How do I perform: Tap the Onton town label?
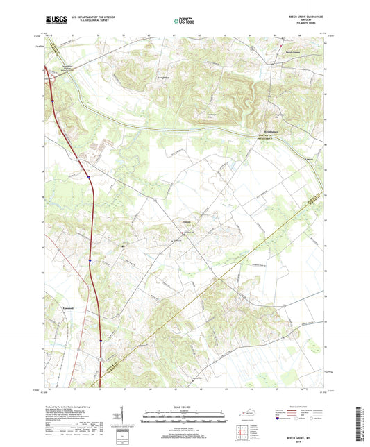(x=187, y=222)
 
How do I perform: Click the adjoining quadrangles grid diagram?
(x=242, y=432)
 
